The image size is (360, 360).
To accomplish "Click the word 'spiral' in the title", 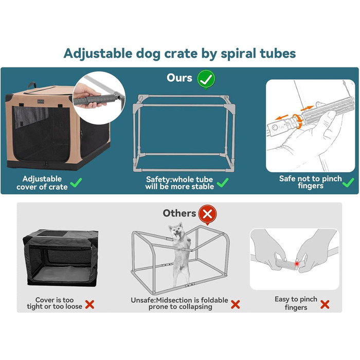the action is pyautogui.click(x=238, y=54).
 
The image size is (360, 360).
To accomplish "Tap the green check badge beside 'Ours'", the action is pyautogui.click(x=206, y=79).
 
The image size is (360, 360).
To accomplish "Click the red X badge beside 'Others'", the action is pyautogui.click(x=207, y=214).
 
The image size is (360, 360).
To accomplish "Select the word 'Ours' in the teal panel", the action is pyautogui.click(x=179, y=78).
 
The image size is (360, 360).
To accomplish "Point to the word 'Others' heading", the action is pyautogui.click(x=179, y=213).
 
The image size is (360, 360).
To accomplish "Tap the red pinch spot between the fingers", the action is pyautogui.click(x=297, y=264).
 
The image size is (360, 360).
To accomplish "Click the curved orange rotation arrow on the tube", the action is pyautogui.click(x=298, y=120).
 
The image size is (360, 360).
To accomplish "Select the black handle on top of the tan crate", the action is pyautogui.click(x=32, y=85).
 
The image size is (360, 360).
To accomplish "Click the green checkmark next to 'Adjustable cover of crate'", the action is pyautogui.click(x=76, y=183).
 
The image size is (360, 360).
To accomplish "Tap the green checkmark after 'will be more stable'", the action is pyautogui.click(x=223, y=183).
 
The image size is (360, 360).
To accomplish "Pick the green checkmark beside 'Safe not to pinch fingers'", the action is pyautogui.click(x=348, y=183).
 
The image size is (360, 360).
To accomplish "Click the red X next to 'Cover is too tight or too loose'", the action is pyautogui.click(x=89, y=304).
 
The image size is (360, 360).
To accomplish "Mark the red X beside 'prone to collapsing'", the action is pyautogui.click(x=236, y=304).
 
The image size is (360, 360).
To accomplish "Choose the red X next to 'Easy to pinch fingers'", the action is pyautogui.click(x=325, y=304).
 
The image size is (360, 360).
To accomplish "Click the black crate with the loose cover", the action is pyautogui.click(x=61, y=258).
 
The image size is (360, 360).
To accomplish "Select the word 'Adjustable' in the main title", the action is pyautogui.click(x=98, y=54).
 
